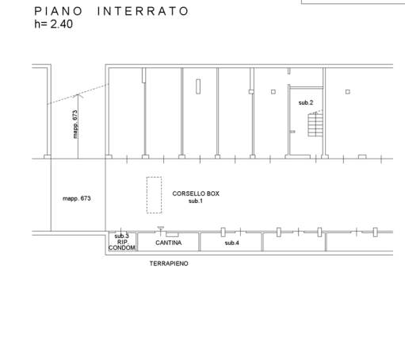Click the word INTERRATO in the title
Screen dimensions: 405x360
click(x=143, y=11)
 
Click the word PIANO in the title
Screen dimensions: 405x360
click(x=59, y=11)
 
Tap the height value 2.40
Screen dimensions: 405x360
click(x=62, y=24)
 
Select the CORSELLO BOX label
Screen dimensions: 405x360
click(x=196, y=193)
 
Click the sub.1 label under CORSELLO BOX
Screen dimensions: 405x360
click(x=196, y=201)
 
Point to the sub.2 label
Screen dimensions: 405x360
click(x=306, y=102)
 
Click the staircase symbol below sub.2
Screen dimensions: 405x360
click(x=315, y=124)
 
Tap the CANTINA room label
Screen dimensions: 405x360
click(x=169, y=243)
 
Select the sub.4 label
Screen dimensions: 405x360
click(x=232, y=243)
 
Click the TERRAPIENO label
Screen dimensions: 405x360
click(x=169, y=263)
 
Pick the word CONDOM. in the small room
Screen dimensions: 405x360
click(x=122, y=247)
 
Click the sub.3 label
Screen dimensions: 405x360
click(x=121, y=236)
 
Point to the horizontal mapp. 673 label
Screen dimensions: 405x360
click(x=77, y=198)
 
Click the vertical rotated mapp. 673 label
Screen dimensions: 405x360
click(x=75, y=124)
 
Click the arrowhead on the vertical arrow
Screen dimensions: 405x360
click(x=78, y=95)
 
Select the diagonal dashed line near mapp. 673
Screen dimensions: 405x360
click(x=78, y=94)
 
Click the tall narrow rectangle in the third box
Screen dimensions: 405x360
click(x=198, y=86)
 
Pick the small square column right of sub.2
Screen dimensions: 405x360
click(x=348, y=92)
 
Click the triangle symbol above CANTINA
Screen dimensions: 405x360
click(x=161, y=228)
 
